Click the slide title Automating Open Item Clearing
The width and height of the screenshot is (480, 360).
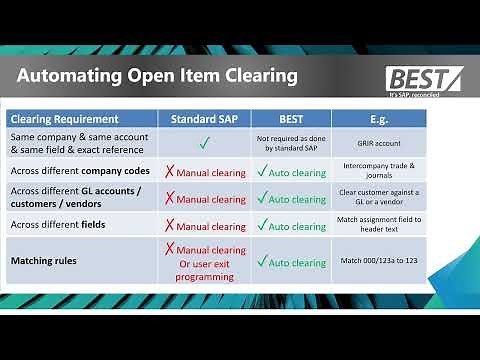156,75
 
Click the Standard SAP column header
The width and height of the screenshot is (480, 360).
204,119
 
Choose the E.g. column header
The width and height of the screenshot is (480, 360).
378,119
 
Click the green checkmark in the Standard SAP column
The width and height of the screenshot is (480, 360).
204,142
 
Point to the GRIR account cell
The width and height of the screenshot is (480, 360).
378,142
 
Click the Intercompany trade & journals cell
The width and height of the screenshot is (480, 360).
378,171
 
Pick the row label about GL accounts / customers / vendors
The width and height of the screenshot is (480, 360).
75,197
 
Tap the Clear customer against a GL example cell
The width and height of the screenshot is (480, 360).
378,197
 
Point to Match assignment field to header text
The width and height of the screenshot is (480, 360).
378,225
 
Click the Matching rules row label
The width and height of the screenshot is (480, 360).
46,261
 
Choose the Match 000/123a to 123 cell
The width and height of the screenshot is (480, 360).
378,261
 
